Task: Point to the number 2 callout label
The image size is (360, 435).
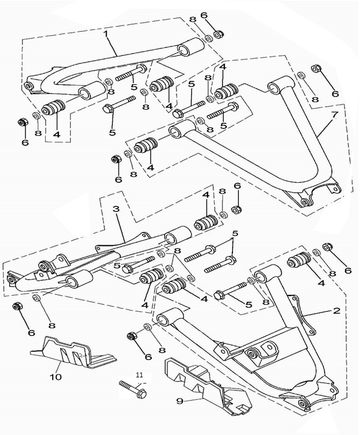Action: coord(336,310)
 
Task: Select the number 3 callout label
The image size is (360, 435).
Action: coord(116,209)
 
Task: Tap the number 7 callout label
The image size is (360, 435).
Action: coord(335,114)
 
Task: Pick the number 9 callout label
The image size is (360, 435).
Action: coord(180,400)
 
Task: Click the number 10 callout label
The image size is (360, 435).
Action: coord(56,377)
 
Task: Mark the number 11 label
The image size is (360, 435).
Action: coord(139,375)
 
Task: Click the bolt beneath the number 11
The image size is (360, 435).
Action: coord(133,389)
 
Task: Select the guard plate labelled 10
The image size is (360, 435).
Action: coord(73,352)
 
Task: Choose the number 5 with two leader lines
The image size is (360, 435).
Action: coord(235,234)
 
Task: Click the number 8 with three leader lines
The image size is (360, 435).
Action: coord(177,251)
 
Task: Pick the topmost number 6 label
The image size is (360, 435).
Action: coord(204,15)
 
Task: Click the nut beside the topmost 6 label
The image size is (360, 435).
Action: coord(219,35)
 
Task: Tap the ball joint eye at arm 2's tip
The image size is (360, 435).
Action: coord(303,403)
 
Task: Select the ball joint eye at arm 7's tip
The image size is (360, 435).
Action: coord(305,201)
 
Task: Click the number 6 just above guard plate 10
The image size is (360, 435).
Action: coord(32,332)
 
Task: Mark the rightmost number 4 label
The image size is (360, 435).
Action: coord(321,283)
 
